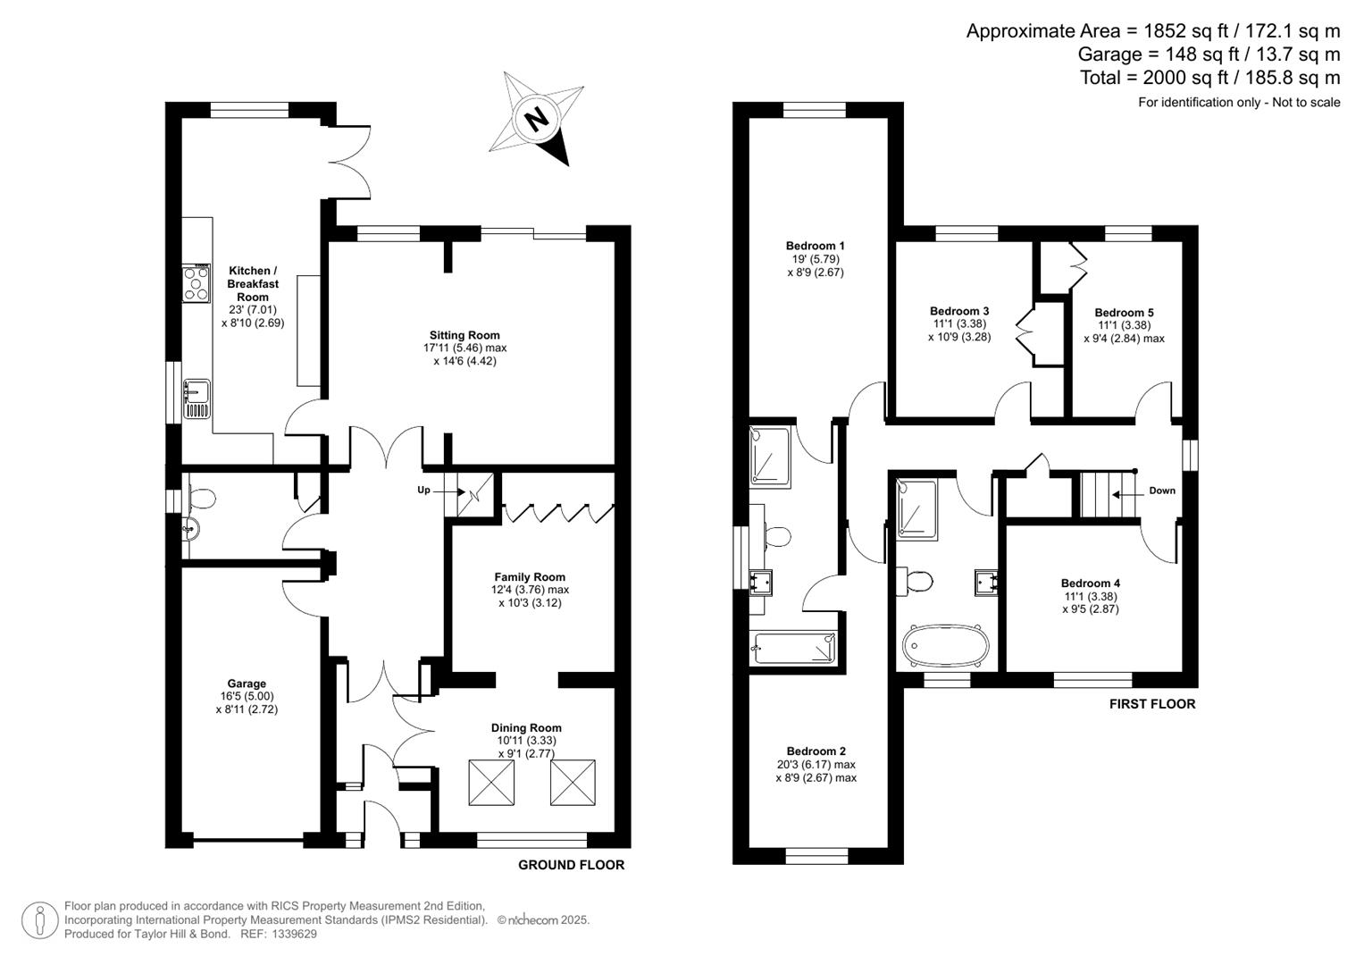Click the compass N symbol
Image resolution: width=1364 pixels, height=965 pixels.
click(x=536, y=118)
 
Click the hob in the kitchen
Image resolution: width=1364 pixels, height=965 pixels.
click(x=197, y=284)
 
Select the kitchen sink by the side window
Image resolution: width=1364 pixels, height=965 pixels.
click(x=197, y=399)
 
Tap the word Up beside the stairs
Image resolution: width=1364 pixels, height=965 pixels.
click(x=424, y=491)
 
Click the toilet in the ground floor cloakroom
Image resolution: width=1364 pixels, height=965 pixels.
click(x=200, y=498)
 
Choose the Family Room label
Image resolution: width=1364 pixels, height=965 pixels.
click(x=530, y=577)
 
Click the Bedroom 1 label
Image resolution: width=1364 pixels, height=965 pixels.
click(x=815, y=246)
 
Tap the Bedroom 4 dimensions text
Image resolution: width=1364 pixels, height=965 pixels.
click(x=1090, y=602)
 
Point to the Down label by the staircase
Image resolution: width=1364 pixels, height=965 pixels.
click(x=1162, y=491)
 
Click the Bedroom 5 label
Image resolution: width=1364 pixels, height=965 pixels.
click(x=1124, y=313)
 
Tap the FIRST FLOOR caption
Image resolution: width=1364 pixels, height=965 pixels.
click(x=1151, y=704)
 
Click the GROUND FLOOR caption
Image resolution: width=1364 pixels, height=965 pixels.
click(x=571, y=865)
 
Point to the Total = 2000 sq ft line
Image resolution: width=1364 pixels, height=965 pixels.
click(x=1209, y=78)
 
